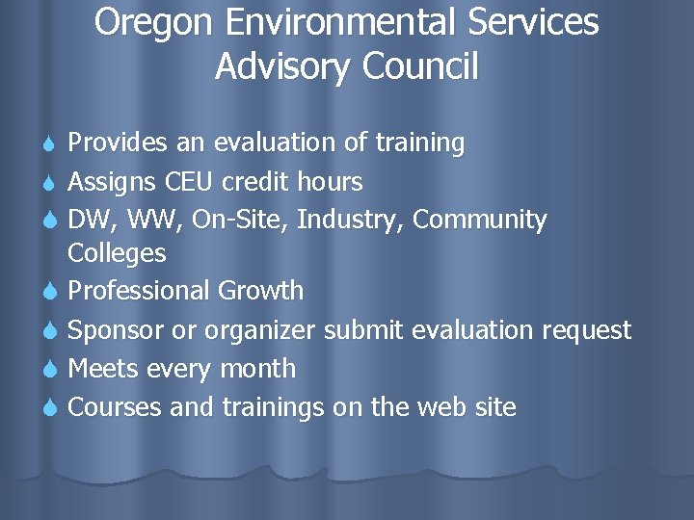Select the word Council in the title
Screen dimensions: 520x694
pos(420,66)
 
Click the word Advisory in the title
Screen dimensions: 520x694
pos(283,67)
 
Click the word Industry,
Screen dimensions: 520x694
pos(351,221)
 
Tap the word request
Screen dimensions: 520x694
pos(586,330)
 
